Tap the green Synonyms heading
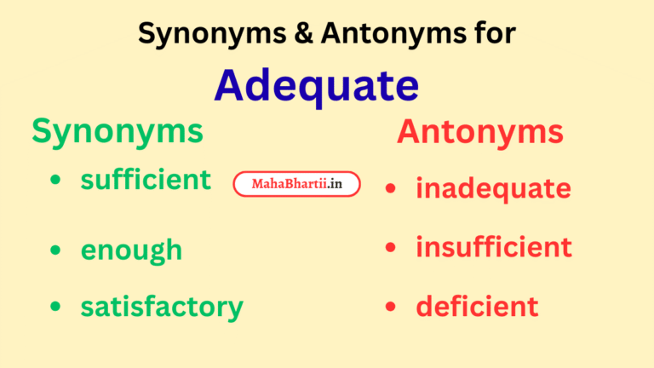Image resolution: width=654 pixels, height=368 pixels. click(x=118, y=131)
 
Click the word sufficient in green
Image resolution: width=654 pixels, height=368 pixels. click(x=146, y=180)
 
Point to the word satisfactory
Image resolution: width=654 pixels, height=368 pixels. click(x=162, y=307)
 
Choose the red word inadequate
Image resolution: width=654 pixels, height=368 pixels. click(x=493, y=188)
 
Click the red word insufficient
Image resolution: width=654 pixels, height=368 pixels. click(x=493, y=247)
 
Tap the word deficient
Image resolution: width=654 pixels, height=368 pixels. click(x=477, y=306)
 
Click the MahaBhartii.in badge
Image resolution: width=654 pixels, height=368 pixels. click(x=297, y=184)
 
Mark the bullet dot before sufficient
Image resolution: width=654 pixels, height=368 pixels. click(x=55, y=181)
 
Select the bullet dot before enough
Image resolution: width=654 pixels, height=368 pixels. click(x=55, y=250)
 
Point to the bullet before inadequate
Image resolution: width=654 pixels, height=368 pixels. click(x=390, y=189)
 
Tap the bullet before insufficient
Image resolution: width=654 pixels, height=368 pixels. click(x=390, y=248)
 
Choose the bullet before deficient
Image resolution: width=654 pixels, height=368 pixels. click(x=390, y=307)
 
